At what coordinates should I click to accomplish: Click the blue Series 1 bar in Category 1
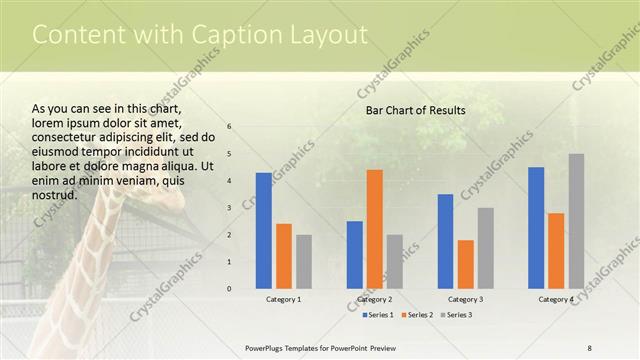tap(264, 231)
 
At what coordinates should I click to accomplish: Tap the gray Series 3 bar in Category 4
tap(576, 221)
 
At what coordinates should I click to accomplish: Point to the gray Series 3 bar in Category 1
tap(304, 262)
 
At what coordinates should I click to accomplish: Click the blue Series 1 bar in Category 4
tap(536, 228)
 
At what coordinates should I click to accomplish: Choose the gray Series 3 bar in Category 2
tap(395, 262)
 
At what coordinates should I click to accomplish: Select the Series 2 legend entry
tap(419, 315)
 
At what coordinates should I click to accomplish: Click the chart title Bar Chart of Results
tap(415, 110)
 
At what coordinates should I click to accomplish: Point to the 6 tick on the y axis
tap(230, 127)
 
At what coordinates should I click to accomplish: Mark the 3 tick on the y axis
tap(230, 208)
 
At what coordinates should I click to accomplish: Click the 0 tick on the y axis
tap(230, 289)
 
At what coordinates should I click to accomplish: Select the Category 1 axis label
tap(284, 299)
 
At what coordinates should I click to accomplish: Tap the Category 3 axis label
tap(466, 299)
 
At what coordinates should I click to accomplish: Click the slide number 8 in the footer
tap(590, 347)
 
